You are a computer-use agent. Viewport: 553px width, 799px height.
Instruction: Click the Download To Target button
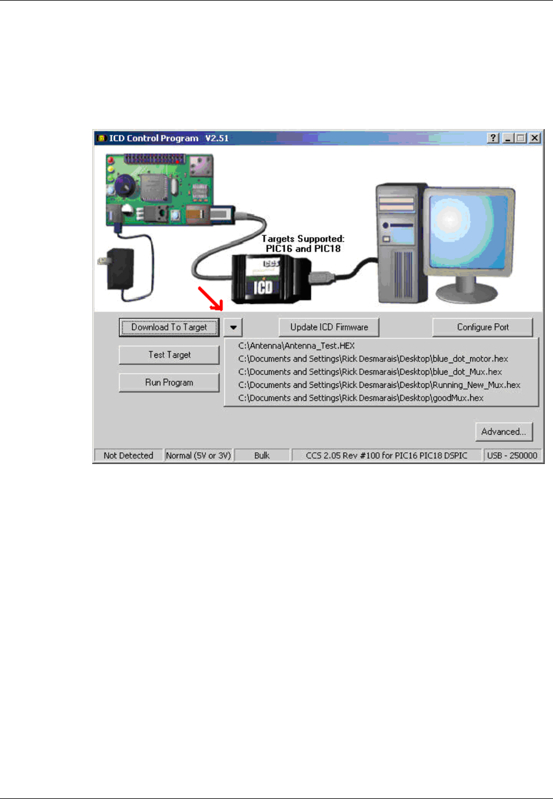click(169, 327)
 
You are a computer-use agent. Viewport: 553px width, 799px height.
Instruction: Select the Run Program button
click(169, 382)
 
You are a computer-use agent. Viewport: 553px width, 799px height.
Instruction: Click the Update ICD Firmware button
click(329, 327)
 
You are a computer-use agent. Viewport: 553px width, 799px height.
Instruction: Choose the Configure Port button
click(483, 327)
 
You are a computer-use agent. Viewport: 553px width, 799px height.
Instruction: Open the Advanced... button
click(504, 432)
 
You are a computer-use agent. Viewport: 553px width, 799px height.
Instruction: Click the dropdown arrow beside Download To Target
click(233, 327)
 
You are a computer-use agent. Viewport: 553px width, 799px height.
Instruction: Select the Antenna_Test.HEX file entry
click(296, 346)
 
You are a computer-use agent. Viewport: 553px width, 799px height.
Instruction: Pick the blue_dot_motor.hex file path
click(373, 359)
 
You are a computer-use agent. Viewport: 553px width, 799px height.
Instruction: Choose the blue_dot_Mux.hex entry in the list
click(370, 372)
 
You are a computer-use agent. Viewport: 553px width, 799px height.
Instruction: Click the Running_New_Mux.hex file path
click(379, 385)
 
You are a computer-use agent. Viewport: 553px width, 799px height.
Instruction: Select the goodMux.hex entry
click(360, 398)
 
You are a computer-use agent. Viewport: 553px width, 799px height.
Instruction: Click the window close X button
click(534, 138)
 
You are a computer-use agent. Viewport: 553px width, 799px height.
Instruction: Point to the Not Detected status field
click(128, 455)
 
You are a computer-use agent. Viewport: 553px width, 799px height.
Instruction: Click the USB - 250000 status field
click(511, 455)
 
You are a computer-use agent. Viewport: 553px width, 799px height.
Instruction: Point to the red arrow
click(210, 299)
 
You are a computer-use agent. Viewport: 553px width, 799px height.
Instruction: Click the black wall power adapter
click(120, 268)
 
